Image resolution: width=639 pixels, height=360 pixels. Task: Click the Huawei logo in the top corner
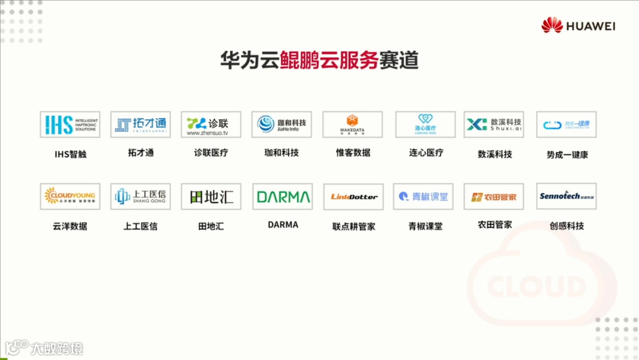click(x=578, y=25)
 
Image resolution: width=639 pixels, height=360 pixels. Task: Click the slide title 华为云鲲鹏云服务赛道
click(x=319, y=60)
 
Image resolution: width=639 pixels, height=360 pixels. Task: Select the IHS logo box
click(x=70, y=124)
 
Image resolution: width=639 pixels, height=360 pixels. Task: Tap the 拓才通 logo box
click(x=140, y=124)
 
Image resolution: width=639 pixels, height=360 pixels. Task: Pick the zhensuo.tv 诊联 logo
click(x=211, y=124)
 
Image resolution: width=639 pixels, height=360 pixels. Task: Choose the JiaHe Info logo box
click(x=282, y=124)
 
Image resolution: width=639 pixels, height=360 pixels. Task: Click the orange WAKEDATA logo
click(x=353, y=124)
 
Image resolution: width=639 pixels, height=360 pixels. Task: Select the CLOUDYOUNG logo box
click(x=70, y=196)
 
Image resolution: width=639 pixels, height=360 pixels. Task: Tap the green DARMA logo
click(x=283, y=197)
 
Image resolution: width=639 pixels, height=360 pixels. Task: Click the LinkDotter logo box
click(x=354, y=197)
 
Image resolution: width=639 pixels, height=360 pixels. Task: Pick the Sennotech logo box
click(x=566, y=196)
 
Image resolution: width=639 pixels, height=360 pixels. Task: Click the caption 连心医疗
click(x=426, y=153)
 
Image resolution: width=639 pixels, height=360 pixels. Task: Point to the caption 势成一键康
click(x=567, y=155)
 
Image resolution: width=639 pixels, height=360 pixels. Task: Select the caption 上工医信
click(x=140, y=226)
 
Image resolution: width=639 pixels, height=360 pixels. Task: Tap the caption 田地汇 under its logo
click(x=211, y=226)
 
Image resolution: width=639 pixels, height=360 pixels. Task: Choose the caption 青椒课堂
click(x=425, y=226)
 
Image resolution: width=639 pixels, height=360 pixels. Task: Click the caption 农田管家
click(x=495, y=225)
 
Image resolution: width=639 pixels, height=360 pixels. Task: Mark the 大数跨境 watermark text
click(x=57, y=348)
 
